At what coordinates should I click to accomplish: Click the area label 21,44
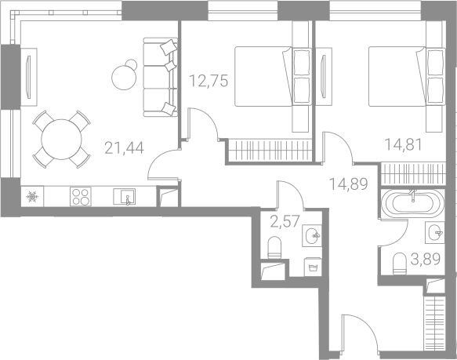(x=124, y=148)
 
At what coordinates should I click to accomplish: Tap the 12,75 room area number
(x=209, y=81)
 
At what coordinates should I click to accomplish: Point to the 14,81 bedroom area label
(x=404, y=144)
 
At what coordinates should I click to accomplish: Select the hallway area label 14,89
(x=348, y=184)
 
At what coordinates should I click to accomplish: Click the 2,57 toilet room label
(x=285, y=221)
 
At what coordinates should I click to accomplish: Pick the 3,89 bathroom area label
(x=426, y=259)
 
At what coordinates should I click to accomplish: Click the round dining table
(x=61, y=139)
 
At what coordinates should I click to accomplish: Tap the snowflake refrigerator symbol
(x=32, y=197)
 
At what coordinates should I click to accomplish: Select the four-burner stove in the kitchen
(x=81, y=196)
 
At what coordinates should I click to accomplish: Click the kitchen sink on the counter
(x=125, y=196)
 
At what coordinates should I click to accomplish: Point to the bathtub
(x=412, y=204)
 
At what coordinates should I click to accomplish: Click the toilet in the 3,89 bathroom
(x=399, y=264)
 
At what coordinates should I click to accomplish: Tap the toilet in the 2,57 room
(x=274, y=247)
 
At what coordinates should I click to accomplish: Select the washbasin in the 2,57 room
(x=312, y=235)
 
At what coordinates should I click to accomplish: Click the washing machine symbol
(x=313, y=267)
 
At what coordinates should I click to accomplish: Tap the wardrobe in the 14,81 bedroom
(x=413, y=173)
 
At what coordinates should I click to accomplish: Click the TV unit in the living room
(x=29, y=78)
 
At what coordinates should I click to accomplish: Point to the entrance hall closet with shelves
(x=434, y=324)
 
